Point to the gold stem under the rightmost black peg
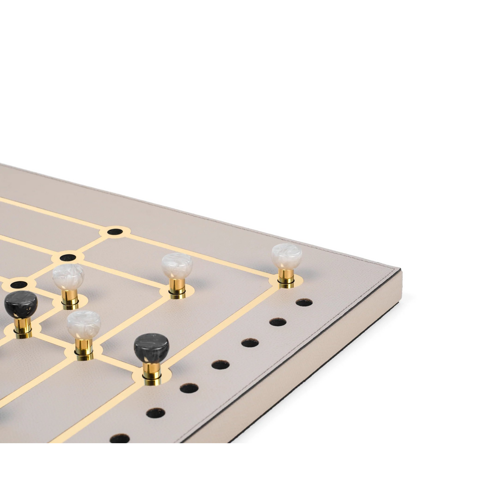click(x=151, y=370)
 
